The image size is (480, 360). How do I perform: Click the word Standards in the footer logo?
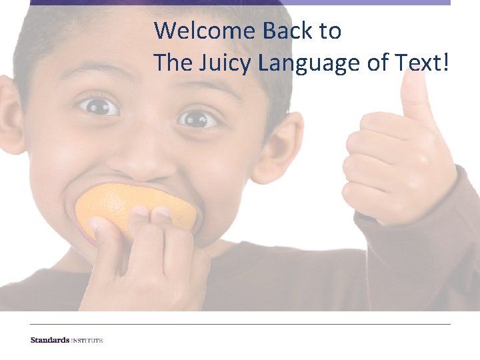[50, 340]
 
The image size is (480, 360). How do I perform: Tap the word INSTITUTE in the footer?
[87, 340]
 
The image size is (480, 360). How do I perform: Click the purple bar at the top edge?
[240, 3]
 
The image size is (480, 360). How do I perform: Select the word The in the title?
[171, 63]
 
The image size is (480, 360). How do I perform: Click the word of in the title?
[375, 63]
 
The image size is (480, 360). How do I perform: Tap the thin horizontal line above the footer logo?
[240, 325]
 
